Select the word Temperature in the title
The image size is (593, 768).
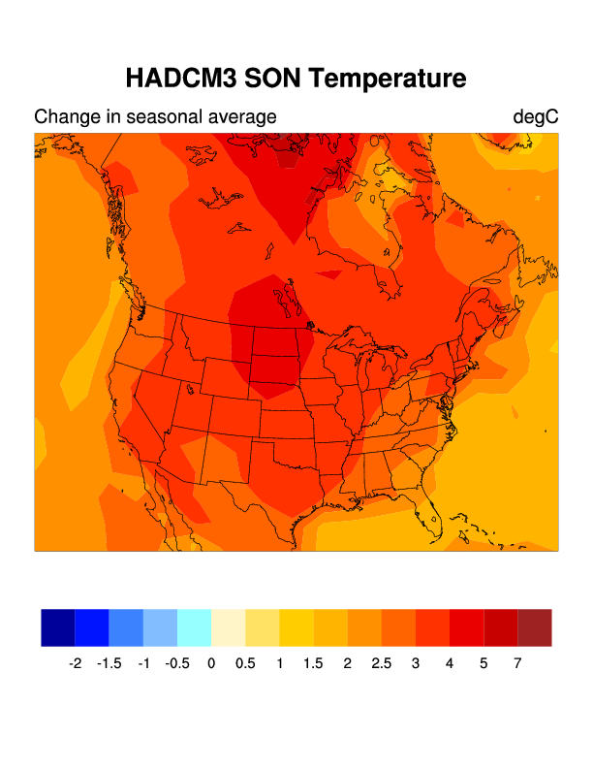click(395, 78)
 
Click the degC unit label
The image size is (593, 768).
click(536, 117)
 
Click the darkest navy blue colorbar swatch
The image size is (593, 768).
click(58, 627)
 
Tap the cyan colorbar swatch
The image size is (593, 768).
click(194, 627)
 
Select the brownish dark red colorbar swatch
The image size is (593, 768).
click(535, 627)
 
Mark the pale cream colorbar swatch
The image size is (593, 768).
click(228, 627)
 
